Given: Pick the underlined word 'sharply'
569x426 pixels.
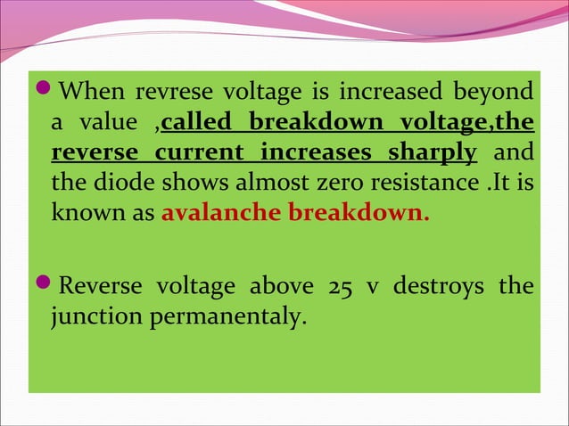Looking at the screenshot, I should tap(432, 152).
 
